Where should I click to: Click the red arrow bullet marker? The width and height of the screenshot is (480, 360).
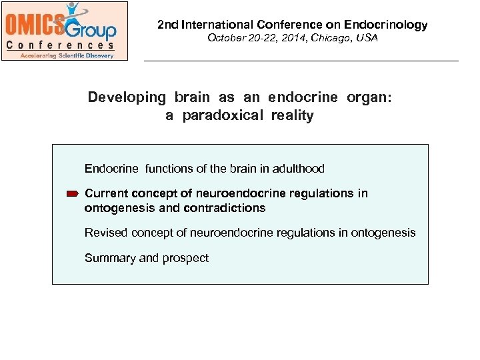73,194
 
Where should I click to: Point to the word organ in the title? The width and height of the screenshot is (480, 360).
369,97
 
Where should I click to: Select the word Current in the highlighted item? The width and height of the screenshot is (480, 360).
105,193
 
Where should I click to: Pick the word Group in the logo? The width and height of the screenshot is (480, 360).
91,28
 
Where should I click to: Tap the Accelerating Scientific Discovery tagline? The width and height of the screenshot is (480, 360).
63,55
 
